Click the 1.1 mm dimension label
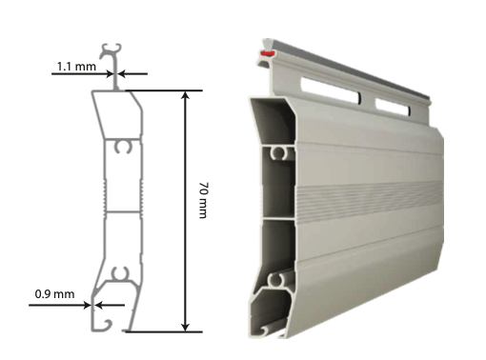[x=76, y=67]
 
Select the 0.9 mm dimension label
[x=54, y=294]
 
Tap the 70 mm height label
[x=203, y=200]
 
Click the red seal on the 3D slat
[x=267, y=53]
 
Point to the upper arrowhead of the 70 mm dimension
[x=185, y=95]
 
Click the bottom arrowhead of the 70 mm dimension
[x=185, y=328]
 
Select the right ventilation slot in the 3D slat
[x=393, y=107]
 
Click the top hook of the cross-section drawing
[x=111, y=50]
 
